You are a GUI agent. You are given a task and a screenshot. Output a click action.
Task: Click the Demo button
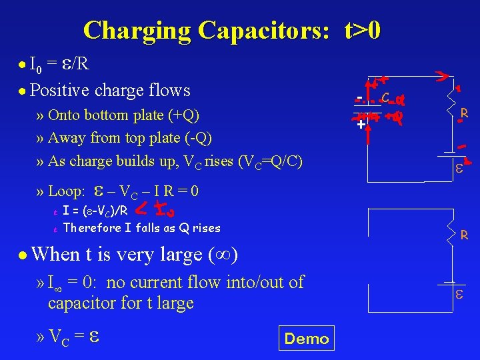(x=307, y=339)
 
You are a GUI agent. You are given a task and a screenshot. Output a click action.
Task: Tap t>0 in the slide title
(x=363, y=30)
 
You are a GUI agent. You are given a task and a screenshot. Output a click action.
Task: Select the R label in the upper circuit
(x=464, y=114)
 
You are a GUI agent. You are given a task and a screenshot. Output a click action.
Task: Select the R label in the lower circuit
(x=464, y=235)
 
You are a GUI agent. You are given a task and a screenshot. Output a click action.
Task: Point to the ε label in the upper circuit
(x=459, y=169)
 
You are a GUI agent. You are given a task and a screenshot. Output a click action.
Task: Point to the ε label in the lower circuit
(x=459, y=294)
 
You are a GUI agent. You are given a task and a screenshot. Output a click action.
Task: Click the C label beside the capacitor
(x=385, y=97)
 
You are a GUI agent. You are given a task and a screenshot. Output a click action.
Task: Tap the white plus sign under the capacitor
(x=360, y=125)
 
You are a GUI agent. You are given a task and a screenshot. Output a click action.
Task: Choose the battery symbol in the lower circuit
(x=454, y=283)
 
